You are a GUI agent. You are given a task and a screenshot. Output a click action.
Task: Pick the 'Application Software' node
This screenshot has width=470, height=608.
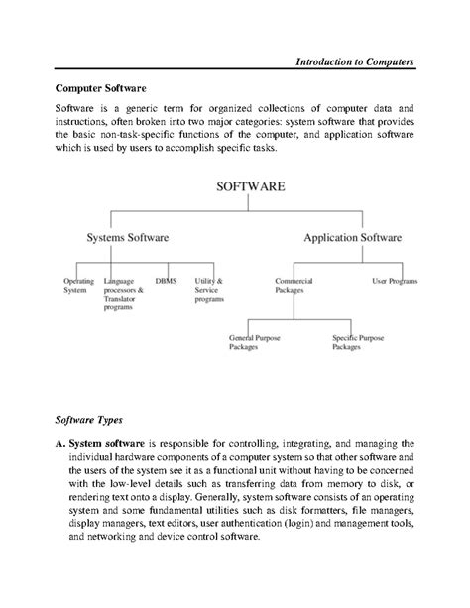coord(352,238)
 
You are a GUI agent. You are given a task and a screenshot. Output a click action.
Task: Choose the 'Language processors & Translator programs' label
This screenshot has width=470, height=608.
coord(124,295)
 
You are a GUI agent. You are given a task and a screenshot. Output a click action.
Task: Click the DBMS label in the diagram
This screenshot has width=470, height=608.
coord(168,281)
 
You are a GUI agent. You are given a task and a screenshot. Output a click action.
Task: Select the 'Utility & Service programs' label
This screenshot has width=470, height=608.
coord(209,290)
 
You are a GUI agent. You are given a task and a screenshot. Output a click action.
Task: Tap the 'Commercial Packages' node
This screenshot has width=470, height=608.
coord(294,286)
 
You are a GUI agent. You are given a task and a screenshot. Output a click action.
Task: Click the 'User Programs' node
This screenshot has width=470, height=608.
coord(394,281)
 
